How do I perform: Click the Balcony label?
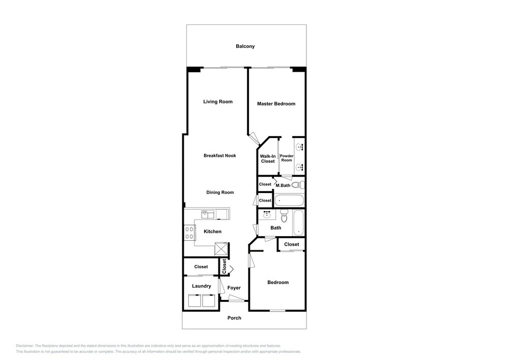click(245, 46)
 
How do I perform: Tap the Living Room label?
click(218, 102)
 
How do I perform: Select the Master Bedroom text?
click(276, 104)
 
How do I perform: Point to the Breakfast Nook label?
click(220, 155)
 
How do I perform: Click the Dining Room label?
click(220, 192)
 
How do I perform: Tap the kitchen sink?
click(208, 214)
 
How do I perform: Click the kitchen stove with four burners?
click(189, 233)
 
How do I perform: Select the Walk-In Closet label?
click(268, 159)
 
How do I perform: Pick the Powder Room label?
click(287, 158)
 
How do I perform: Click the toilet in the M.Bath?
click(298, 185)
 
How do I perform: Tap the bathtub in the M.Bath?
click(289, 200)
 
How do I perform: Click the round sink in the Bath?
click(268, 214)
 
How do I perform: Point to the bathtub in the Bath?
click(298, 223)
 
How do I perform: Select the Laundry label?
click(202, 286)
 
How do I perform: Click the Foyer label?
click(234, 288)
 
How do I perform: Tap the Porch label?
click(234, 318)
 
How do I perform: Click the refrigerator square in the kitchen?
click(221, 250)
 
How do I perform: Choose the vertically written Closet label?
click(224, 266)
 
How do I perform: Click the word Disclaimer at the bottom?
click(24, 346)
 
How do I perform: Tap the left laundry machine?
click(194, 300)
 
